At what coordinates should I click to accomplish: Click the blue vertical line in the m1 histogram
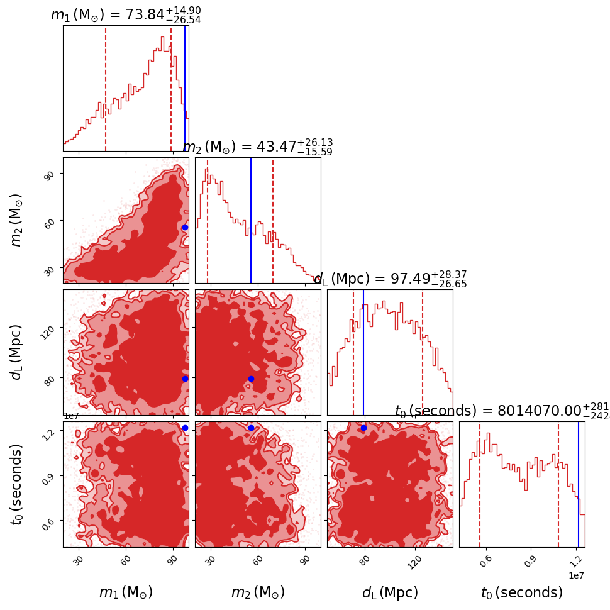(x=185, y=88)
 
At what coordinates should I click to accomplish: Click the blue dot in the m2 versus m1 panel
(x=185, y=227)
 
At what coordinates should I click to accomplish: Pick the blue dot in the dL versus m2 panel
(x=251, y=379)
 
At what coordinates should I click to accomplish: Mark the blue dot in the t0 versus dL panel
(x=363, y=428)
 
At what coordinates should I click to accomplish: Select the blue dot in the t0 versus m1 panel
(x=185, y=428)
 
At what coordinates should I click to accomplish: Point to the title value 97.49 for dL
(x=409, y=279)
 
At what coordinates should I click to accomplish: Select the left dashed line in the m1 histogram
(x=106, y=88)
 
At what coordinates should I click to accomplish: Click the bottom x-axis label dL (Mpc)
(x=390, y=592)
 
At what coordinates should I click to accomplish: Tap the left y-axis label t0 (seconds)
(x=17, y=479)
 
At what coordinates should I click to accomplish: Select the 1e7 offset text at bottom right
(x=577, y=575)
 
